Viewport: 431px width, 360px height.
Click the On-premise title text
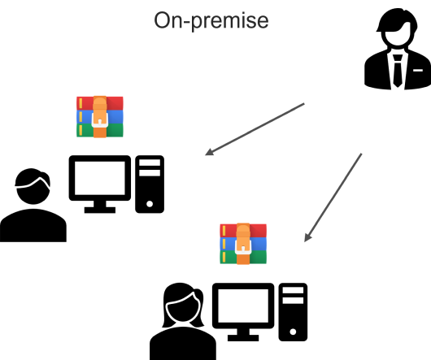tap(211, 20)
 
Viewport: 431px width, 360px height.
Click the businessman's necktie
tap(397, 69)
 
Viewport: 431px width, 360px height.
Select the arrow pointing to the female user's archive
tap(333, 197)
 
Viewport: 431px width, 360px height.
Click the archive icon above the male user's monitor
tap(99, 116)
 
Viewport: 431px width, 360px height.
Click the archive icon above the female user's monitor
tap(242, 243)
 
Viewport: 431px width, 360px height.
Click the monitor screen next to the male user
tap(99, 178)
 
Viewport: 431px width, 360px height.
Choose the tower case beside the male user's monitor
tap(149, 184)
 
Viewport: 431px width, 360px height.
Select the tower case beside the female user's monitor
tap(293, 311)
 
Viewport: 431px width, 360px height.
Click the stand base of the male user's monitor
tap(99, 209)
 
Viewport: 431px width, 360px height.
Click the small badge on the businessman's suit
tap(416, 71)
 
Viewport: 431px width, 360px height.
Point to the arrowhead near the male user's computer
tap(209, 152)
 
